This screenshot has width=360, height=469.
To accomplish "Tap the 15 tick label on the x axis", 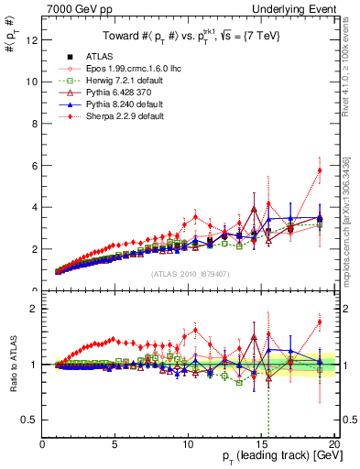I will (262, 444).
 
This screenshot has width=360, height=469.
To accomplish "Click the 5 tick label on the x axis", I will (115, 444).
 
